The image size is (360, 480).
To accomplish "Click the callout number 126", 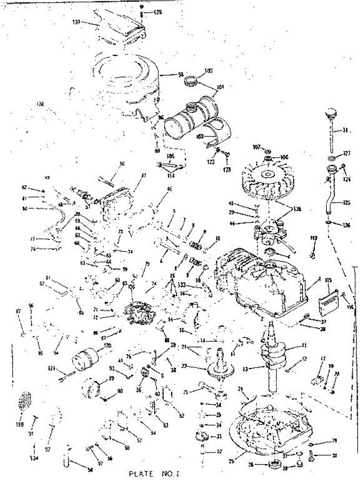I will pyautogui.click(x=346, y=225).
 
